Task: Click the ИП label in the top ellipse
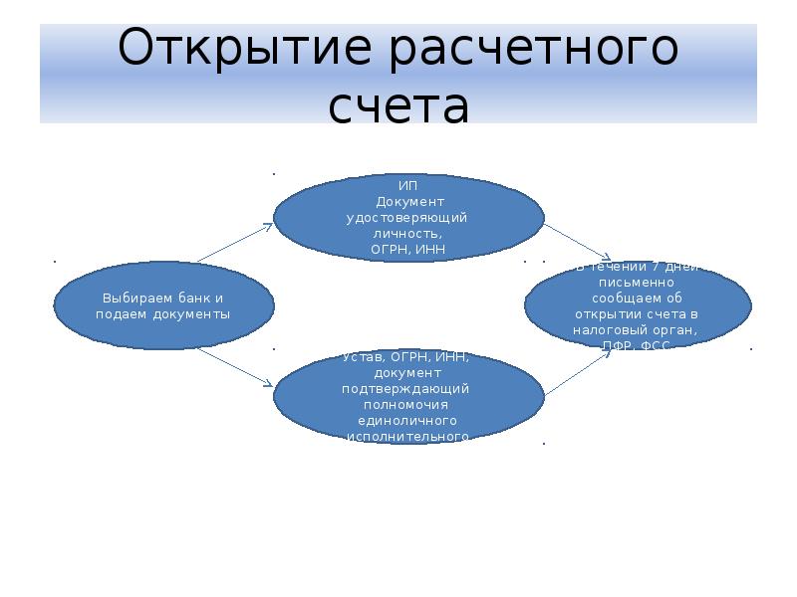pyautogui.click(x=408, y=186)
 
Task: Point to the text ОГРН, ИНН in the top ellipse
pyautogui.click(x=408, y=248)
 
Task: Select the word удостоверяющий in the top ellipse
pyautogui.click(x=408, y=217)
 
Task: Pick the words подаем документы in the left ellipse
pyautogui.click(x=162, y=314)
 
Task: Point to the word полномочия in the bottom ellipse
pyautogui.click(x=408, y=405)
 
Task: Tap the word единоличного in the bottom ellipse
pyautogui.click(x=408, y=421)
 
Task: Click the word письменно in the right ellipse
pyautogui.click(x=638, y=282)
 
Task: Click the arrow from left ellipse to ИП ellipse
pyautogui.click(x=234, y=244)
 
